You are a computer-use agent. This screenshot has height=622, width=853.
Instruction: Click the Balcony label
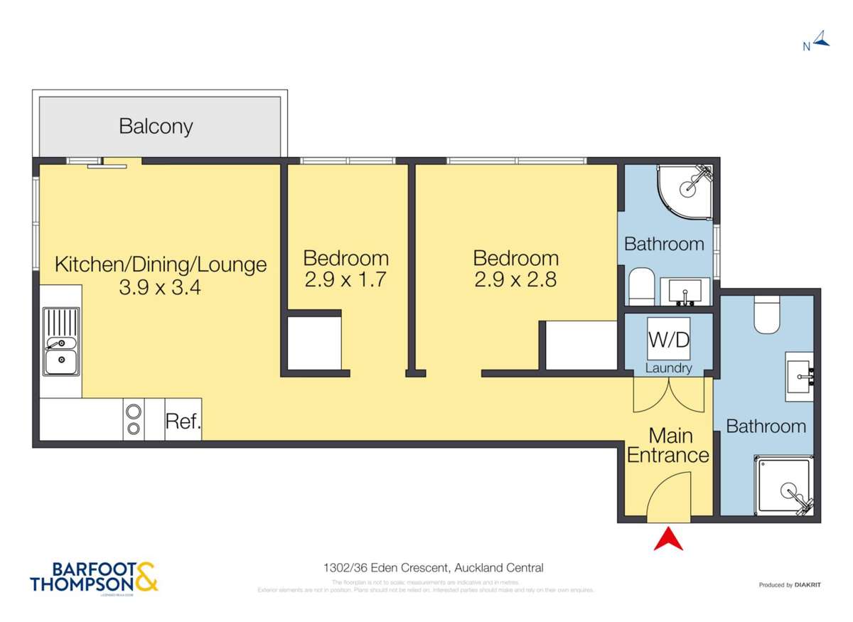coord(156,127)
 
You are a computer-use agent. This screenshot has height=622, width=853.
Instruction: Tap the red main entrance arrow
coord(668,538)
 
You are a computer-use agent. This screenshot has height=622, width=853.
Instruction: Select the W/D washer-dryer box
coord(668,340)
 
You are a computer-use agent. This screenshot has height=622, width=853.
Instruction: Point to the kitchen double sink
coord(61,341)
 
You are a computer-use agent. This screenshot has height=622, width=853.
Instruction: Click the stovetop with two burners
coord(134,419)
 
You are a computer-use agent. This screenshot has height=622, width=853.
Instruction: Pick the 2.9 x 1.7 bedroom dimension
coord(345,279)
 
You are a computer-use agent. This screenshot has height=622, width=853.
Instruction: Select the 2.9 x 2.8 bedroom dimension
coord(515,279)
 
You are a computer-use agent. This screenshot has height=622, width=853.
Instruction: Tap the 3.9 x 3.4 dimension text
coord(161,289)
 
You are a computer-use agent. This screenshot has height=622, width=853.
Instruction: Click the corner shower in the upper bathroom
coord(685,187)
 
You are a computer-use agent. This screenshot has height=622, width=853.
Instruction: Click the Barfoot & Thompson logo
coord(94,577)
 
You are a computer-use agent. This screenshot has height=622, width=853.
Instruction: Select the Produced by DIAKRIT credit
coord(789,585)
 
